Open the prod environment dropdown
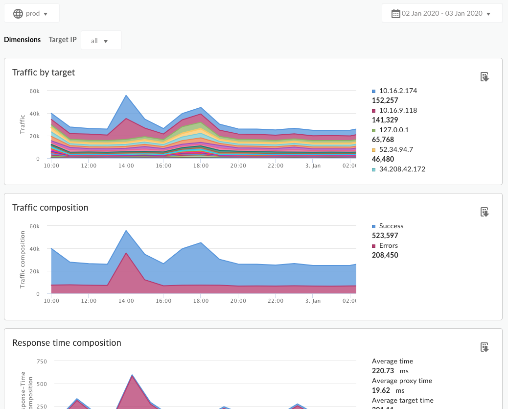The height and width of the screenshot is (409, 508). pos(32,13)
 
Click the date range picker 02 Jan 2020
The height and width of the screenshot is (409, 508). pos(442,13)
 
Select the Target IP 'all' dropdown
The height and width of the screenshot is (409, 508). pos(101,41)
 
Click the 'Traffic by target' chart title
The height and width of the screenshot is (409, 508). pos(44,72)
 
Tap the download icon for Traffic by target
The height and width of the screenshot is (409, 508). pos(485,77)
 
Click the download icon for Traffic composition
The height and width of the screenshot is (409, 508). pos(485,212)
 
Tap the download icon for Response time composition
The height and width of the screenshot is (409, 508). pos(485,347)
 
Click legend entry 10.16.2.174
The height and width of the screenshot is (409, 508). pos(398,91)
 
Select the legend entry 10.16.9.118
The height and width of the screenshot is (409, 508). pos(398,110)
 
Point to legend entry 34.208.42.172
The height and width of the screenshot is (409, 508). pos(402,169)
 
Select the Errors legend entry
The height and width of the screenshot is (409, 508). pos(388,245)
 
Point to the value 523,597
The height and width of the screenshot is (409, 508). pos(385,236)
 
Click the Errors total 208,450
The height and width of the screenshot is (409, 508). pos(385,255)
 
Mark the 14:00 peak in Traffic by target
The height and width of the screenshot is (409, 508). pos(126,96)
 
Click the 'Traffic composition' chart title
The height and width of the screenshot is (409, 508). pos(50,208)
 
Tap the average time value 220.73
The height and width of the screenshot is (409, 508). pos(383,371)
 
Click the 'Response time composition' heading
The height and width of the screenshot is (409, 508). pos(67,343)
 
